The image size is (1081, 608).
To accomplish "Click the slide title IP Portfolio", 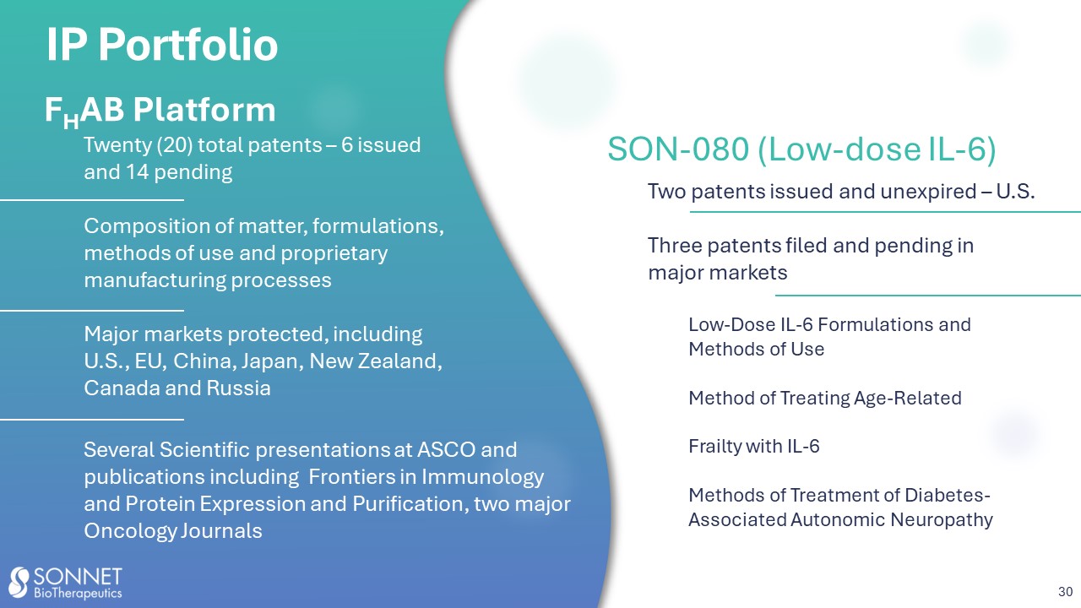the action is click(x=162, y=45).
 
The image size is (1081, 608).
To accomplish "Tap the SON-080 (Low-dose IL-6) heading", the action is click(x=801, y=149).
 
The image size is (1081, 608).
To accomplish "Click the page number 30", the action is click(x=1066, y=592).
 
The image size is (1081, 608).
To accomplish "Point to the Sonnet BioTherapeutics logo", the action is click(x=66, y=583).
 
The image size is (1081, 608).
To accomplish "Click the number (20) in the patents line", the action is click(x=174, y=145).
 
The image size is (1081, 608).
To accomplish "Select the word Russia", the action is click(x=238, y=388).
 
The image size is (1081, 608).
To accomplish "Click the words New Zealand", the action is click(x=376, y=361).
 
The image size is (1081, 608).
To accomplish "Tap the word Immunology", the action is click(x=482, y=477).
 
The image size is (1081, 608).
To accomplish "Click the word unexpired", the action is click(x=928, y=192).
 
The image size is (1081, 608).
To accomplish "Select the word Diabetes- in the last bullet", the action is click(x=948, y=495).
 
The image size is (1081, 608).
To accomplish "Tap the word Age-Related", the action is click(x=907, y=399).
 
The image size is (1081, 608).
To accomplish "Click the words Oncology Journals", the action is click(x=173, y=531).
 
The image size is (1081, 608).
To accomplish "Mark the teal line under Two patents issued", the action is click(x=885, y=212).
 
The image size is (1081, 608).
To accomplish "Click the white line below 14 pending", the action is click(x=92, y=200).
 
